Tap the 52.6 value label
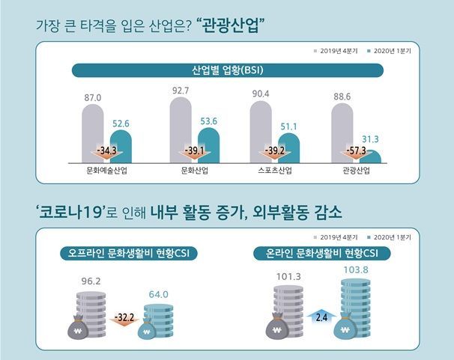(121, 124)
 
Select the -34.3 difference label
(106, 152)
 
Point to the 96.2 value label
(91, 283)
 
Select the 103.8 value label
(357, 267)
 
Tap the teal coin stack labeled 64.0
(158, 314)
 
